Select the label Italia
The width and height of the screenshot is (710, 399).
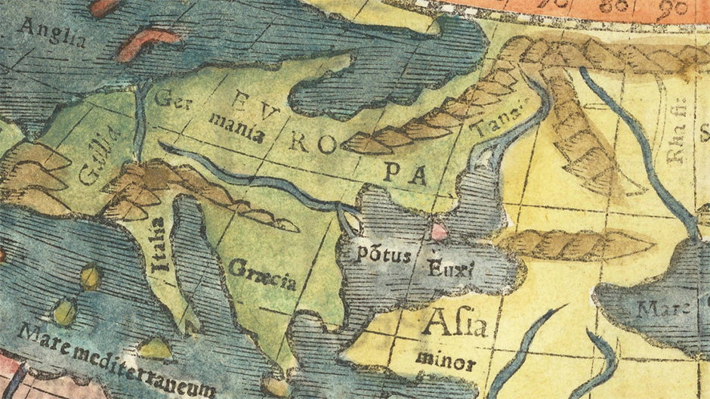(x=158, y=245)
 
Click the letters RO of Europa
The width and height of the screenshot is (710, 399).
(x=309, y=143)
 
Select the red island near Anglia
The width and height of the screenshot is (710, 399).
(x=144, y=43)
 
